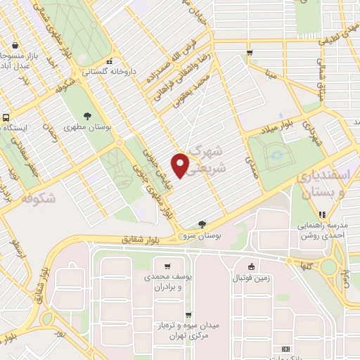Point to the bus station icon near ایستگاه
[6, 117]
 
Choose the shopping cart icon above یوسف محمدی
[167, 266]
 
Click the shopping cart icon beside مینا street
[250, 52]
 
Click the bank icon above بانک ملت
[285, 349]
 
